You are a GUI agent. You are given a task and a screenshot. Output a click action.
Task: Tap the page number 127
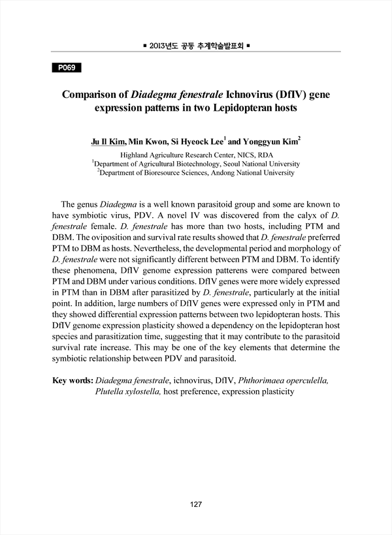196,504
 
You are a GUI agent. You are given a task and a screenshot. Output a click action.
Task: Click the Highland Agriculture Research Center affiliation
196,155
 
